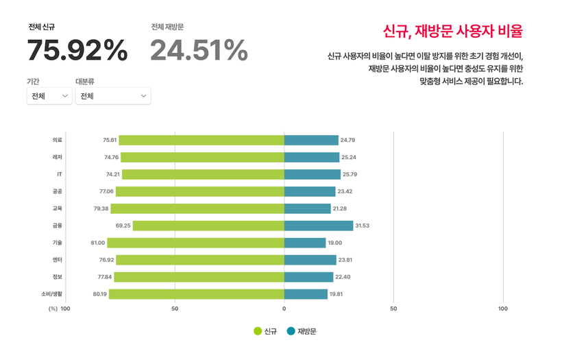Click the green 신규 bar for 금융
tap(208, 226)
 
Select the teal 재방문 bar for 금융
tap(319, 226)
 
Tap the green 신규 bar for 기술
tap(195, 243)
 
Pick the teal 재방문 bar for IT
tap(312, 174)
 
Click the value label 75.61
tap(110, 140)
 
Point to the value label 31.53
tap(363, 226)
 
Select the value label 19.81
tap(337, 294)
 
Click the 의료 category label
tap(58, 140)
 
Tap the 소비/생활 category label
tap(51, 294)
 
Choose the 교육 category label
tap(58, 208)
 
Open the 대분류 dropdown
tap(113, 96)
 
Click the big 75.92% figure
tap(77, 51)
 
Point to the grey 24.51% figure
tap(199, 51)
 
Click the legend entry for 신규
tap(265, 331)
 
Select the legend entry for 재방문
tap(302, 331)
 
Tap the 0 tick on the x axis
tap(284, 309)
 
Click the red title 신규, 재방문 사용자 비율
tap(453, 31)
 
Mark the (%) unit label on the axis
tap(53, 309)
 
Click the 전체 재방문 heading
tap(167, 27)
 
